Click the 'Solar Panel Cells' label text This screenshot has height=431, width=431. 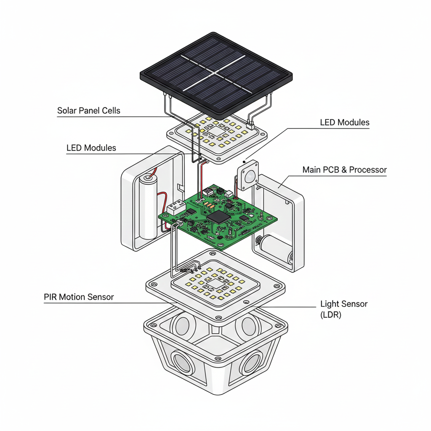click(x=88, y=111)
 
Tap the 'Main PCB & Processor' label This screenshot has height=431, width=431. click(x=344, y=170)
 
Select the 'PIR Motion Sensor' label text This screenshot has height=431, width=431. click(x=79, y=297)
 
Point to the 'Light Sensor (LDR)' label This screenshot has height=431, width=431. click(x=344, y=309)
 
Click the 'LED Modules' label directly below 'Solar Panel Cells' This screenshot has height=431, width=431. click(x=91, y=148)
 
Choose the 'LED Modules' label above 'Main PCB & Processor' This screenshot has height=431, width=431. click(x=344, y=123)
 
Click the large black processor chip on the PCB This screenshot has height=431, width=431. click(x=218, y=217)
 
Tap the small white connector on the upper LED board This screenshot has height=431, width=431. click(x=249, y=125)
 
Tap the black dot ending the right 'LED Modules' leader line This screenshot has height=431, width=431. click(x=245, y=161)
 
